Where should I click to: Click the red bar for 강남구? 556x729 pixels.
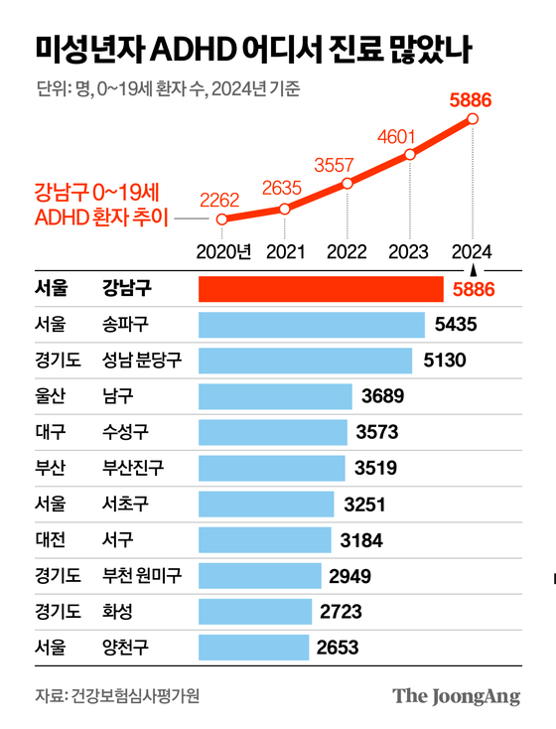tap(321, 289)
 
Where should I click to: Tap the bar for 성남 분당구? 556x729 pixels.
tap(306, 361)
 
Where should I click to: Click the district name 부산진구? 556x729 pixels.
tap(134, 469)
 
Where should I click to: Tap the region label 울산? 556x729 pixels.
tap(49, 397)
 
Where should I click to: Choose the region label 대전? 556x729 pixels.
tap(49, 540)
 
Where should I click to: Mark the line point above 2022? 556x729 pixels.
tap(347, 183)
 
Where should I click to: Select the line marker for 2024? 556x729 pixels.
tap(473, 119)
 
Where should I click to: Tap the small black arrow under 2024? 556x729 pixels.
tap(474, 269)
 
